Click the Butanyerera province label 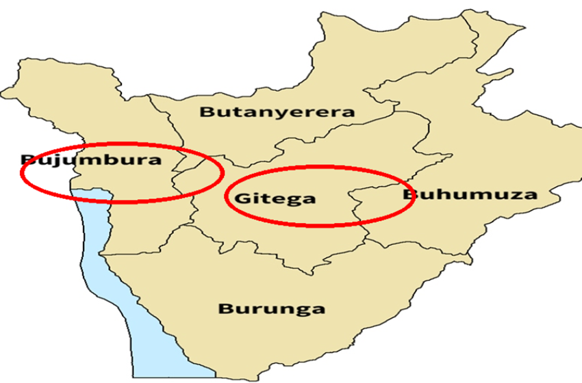(x=277, y=112)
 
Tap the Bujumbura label (x=90, y=161)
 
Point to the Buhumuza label (x=470, y=194)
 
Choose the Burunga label (x=271, y=308)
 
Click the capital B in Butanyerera (x=206, y=112)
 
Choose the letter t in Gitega (x=262, y=199)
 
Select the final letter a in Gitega (x=309, y=200)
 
